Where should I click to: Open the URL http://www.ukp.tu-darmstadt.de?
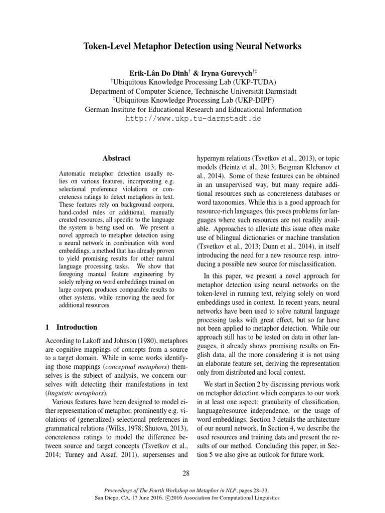[x=193, y=119]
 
